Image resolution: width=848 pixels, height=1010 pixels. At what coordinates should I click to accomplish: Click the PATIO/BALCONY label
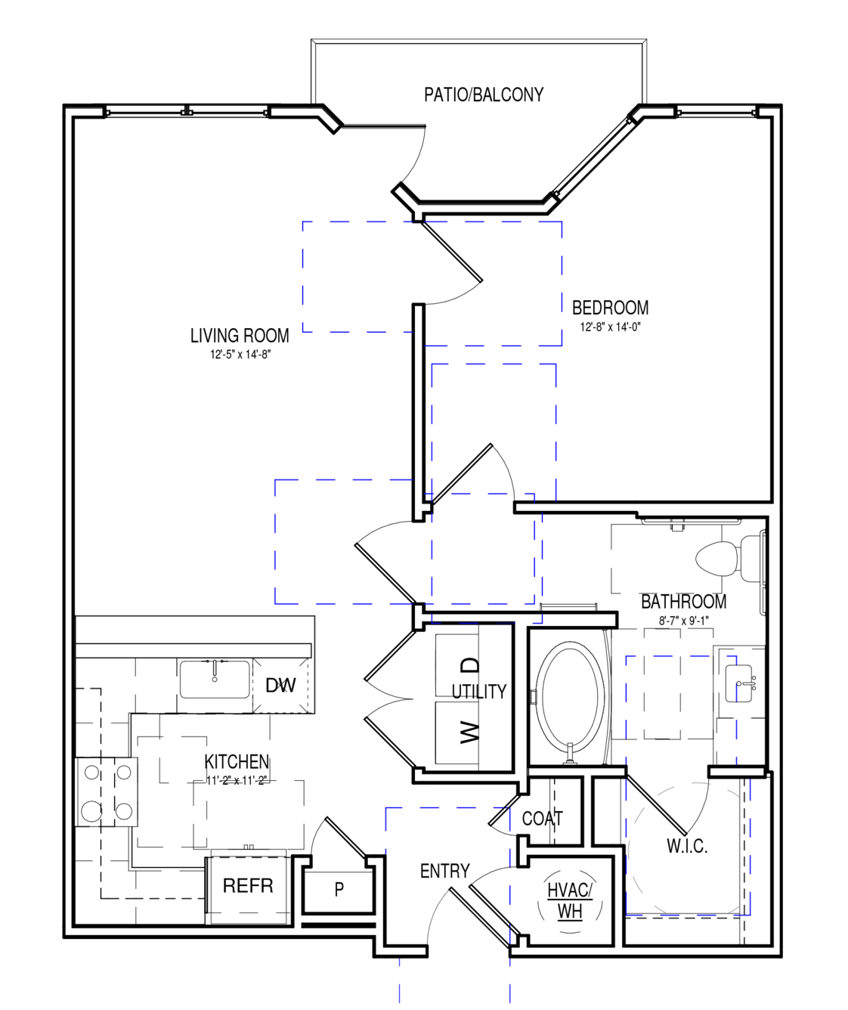[484, 94]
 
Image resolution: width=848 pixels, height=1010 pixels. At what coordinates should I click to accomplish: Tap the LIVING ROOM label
[240, 336]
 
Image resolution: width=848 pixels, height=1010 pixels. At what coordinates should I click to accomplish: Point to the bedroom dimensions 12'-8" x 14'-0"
[611, 327]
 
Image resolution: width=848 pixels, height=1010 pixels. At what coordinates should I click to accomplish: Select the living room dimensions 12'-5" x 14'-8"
[240, 355]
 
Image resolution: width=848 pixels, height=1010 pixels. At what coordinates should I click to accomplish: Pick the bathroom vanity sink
[738, 683]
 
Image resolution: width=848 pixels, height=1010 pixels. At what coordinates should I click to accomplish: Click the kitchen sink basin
[215, 679]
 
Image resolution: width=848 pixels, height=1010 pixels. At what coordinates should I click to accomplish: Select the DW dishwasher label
[280, 685]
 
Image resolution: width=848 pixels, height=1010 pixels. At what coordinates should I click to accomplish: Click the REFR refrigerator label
[248, 886]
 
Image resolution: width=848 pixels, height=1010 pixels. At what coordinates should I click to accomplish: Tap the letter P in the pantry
[339, 888]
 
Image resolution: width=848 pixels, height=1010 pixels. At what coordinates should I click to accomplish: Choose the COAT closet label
[542, 819]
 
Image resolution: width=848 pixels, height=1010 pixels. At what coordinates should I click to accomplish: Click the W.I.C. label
[687, 846]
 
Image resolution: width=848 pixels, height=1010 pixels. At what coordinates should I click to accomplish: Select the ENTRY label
[444, 871]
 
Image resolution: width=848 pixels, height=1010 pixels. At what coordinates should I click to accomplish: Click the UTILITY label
[479, 692]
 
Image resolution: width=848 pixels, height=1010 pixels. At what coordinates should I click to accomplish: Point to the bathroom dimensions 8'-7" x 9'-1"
[683, 621]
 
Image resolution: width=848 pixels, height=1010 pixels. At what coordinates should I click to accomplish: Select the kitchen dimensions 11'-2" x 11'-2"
[237, 780]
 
